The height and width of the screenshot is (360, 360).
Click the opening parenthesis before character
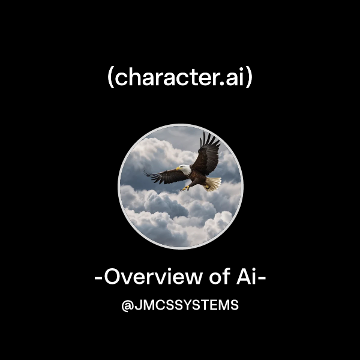click(x=110, y=79)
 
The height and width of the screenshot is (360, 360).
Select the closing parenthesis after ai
click(x=249, y=79)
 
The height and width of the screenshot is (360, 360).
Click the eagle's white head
click(x=185, y=170)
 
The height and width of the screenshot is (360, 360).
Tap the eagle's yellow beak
click(x=179, y=170)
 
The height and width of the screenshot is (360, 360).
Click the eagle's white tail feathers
click(x=214, y=183)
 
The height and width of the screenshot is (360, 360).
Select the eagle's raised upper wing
click(x=208, y=153)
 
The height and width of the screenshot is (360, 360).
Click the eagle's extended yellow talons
click(x=187, y=188)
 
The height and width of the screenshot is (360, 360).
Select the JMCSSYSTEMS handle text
click(x=186, y=305)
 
